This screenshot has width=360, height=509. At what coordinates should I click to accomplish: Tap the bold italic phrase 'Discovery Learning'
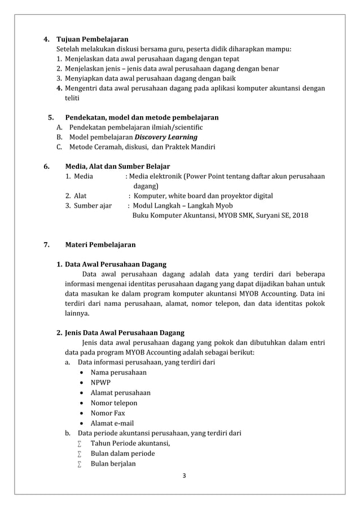(166, 137)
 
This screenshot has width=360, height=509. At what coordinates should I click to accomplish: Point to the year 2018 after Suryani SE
(300, 215)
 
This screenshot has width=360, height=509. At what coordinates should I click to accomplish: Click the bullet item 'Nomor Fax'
(108, 413)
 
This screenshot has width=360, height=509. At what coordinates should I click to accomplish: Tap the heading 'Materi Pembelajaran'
(100, 245)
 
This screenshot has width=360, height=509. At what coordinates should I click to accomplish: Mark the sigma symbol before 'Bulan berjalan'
(80, 464)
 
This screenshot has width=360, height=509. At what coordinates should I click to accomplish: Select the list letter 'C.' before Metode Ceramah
(59, 147)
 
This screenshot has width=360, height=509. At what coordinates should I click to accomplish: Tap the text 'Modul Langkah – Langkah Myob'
(182, 205)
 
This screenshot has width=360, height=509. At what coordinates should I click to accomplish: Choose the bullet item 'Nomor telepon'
(113, 403)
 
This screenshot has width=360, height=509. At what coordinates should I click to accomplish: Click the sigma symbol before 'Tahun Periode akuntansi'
(80, 444)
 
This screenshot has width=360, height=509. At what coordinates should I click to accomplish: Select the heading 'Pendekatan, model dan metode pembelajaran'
(142, 117)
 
